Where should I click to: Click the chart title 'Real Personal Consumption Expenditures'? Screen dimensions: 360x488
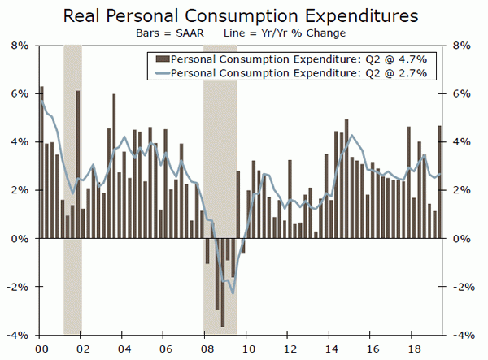(243, 15)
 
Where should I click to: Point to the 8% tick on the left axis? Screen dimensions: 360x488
(20, 46)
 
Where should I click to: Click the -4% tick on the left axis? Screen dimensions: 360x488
(17, 335)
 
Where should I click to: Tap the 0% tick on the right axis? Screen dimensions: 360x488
(462, 239)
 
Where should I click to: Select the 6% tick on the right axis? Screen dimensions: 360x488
(462, 94)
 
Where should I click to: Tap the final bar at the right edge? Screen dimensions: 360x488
(440, 182)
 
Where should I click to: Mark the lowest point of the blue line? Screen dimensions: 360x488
(233, 293)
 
